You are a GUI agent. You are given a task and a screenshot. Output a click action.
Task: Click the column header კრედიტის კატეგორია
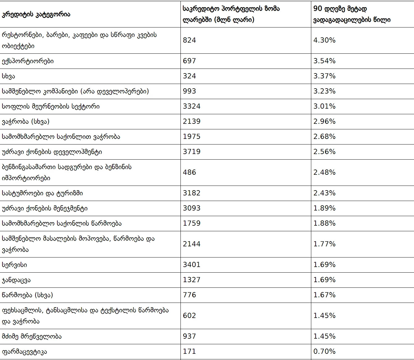coord(36,15)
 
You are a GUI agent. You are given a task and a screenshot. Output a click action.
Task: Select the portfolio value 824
coord(189,40)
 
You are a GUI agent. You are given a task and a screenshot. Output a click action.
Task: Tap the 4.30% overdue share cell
coord(324,40)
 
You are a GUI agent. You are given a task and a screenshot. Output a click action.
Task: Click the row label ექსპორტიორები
coord(28,61)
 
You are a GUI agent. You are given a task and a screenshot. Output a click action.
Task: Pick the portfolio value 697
coord(189,61)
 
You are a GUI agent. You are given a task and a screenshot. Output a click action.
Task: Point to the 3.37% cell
coord(324,76)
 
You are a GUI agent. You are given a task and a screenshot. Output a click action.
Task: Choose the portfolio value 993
coord(189,91)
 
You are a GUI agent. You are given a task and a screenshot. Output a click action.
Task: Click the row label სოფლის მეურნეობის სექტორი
coord(51,106)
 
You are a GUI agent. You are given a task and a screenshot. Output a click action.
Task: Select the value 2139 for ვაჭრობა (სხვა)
coord(192,121)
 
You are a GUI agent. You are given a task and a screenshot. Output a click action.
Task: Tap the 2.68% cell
coord(324,136)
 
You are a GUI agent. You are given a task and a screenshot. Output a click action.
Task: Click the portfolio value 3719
coord(192,152)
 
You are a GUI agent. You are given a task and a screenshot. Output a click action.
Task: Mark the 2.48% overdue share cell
coord(324,172)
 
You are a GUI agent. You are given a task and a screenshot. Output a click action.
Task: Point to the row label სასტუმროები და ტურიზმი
coord(42,193)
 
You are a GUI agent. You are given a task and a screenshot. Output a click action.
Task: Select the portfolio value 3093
coord(192,208)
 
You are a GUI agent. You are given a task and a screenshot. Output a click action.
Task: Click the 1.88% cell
coord(324,223)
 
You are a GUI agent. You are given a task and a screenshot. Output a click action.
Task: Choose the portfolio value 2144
coord(192,244)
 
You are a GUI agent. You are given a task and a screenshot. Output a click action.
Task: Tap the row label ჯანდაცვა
coord(16,280)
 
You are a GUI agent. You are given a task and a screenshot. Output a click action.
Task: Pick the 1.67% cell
coord(324,295)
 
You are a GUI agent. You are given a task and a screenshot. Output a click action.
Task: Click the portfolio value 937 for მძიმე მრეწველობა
coord(189,336)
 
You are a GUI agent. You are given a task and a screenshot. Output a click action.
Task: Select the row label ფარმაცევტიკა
coord(24,351)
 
